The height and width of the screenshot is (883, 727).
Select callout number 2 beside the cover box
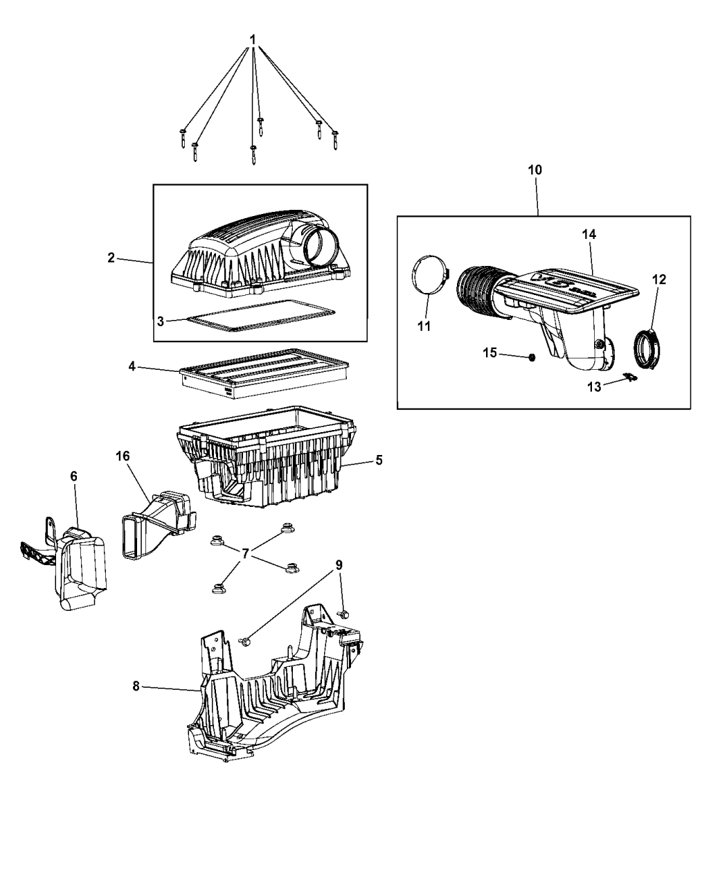click(x=111, y=258)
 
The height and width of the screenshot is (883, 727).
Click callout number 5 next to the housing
click(x=379, y=459)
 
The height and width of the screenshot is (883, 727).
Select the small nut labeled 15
click(x=531, y=357)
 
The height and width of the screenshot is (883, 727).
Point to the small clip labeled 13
click(x=629, y=377)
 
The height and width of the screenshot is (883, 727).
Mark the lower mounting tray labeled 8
click(x=270, y=693)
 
